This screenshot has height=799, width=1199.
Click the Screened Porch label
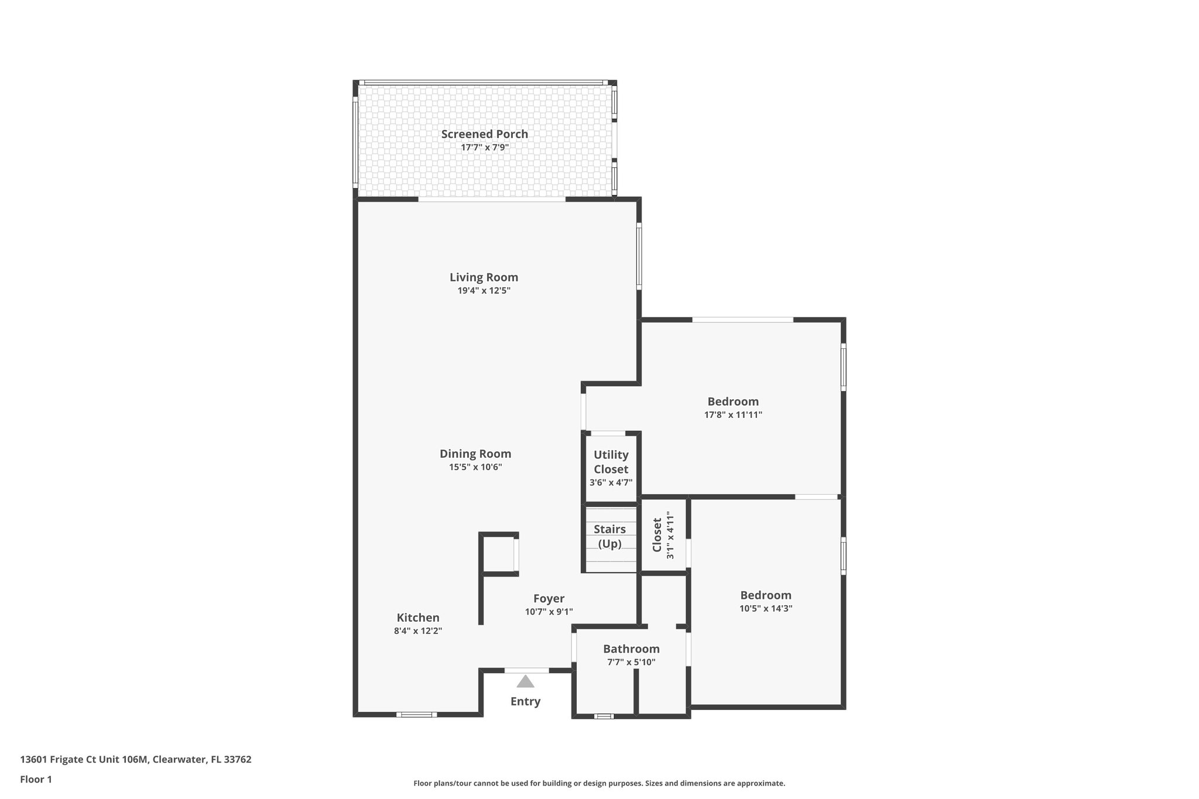[x=484, y=134]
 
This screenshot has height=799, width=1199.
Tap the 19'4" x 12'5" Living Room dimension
[x=484, y=290]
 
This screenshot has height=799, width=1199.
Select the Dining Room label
[x=475, y=454]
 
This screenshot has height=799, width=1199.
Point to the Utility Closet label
[x=611, y=462]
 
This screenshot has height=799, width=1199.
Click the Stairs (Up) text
[x=609, y=536]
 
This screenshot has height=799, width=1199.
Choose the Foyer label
[x=549, y=598]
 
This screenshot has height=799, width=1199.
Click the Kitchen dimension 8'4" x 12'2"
[x=417, y=631]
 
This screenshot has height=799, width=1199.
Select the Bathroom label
[x=631, y=649]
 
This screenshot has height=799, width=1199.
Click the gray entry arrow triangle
[x=525, y=681]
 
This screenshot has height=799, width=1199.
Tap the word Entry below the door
[x=525, y=701]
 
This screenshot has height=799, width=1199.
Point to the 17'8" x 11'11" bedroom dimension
[x=733, y=415]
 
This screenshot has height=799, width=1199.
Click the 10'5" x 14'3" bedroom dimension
[x=766, y=608]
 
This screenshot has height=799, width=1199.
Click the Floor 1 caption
[x=36, y=779]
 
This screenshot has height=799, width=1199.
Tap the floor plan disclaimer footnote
[x=599, y=783]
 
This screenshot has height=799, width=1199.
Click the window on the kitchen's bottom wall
[x=416, y=714]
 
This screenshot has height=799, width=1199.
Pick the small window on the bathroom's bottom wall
[x=604, y=716]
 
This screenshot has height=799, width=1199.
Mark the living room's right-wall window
[x=639, y=256]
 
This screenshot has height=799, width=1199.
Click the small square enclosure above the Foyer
[x=498, y=554]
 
